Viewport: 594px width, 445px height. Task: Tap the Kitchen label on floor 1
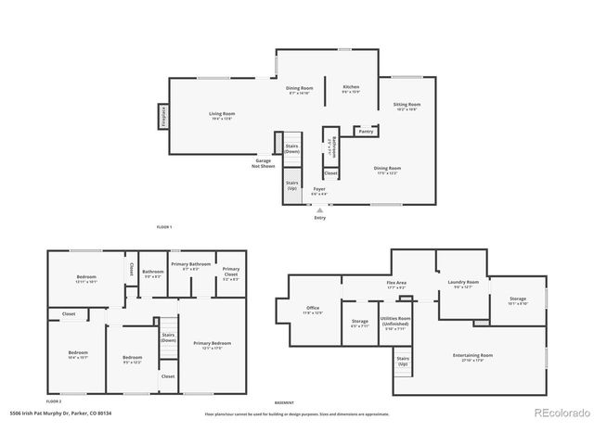[x=351, y=89]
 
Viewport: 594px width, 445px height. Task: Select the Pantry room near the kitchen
[x=366, y=131]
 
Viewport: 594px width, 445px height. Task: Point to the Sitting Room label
[x=407, y=107]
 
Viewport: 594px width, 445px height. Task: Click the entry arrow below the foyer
[x=320, y=210]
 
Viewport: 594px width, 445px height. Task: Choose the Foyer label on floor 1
[x=318, y=191]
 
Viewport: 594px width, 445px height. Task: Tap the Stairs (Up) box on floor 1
[x=291, y=185]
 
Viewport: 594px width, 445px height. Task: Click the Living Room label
[x=221, y=115]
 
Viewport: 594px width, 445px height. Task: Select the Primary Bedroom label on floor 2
[x=212, y=345]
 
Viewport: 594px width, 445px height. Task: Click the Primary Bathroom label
[x=192, y=265]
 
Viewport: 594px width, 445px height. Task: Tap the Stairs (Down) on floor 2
[x=168, y=337]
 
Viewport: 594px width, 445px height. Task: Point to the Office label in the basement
[x=313, y=311]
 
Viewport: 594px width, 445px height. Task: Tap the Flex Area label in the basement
[x=396, y=286]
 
